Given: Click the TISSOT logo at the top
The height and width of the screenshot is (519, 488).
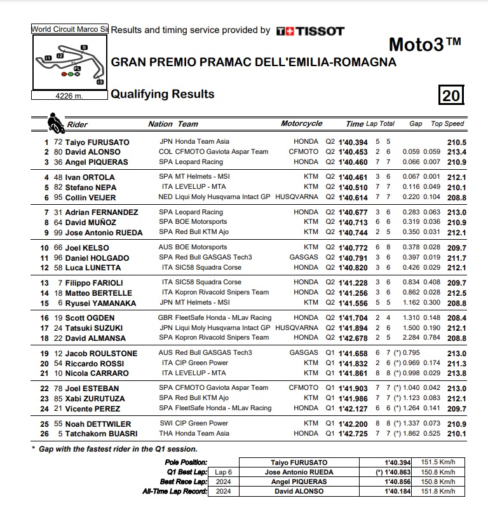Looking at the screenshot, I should tap(311, 31).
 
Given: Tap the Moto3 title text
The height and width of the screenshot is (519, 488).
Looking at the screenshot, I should tap(424, 45).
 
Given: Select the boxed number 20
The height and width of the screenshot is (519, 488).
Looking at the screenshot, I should tap(451, 95).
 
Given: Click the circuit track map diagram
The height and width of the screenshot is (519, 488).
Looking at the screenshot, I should tap(70, 62).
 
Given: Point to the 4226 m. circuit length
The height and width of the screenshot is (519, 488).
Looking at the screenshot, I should tap(69, 96).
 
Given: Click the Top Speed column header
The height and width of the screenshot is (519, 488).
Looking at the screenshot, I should tap(447, 124).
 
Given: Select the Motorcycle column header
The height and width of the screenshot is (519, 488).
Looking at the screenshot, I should tap(301, 124).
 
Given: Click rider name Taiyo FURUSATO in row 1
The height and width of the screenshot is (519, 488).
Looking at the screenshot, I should tap(97, 142).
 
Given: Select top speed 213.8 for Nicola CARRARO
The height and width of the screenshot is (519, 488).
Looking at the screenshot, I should tap(456, 373).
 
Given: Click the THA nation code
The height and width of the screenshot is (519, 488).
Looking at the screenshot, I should tap(166, 434).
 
